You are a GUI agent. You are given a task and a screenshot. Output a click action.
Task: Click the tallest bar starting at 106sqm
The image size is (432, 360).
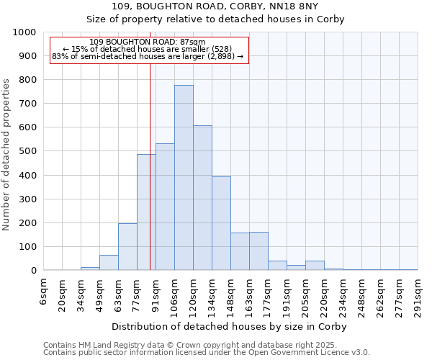(x=184, y=178)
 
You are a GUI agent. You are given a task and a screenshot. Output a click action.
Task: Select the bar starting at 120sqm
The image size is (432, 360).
(x=202, y=198)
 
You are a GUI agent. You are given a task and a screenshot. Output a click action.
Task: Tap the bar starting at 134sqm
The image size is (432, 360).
(x=221, y=223)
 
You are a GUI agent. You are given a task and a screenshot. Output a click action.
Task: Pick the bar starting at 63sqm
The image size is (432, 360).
(x=127, y=247)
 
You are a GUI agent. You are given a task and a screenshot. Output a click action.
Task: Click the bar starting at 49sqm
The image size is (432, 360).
(x=109, y=263)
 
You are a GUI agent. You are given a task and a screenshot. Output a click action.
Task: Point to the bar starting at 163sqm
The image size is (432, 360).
(x=258, y=251)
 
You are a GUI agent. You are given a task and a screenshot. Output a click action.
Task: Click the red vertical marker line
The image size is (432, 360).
(x=150, y=180)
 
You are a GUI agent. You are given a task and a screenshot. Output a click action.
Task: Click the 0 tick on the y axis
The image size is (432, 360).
(x=34, y=271)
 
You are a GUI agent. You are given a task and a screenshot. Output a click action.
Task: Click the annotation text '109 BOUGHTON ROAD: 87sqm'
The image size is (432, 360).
(x=148, y=42)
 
